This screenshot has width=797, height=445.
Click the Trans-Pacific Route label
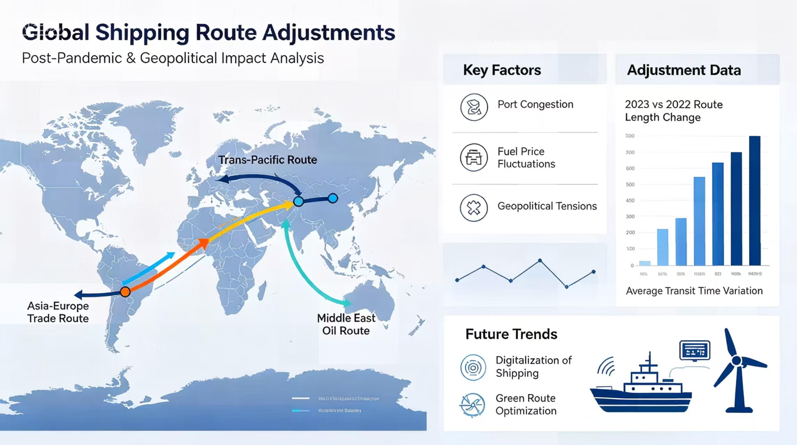coord(268,160)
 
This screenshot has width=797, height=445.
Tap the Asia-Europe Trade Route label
coord(58,312)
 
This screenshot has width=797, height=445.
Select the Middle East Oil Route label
coord(346,324)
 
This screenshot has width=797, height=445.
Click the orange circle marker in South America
coord(125,292)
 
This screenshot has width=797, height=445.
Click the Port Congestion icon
coord(474,107)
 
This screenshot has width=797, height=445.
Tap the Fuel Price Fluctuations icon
coord(473,157)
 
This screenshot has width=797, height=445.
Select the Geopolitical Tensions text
coord(547,206)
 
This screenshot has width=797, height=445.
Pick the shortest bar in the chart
coord(645,263)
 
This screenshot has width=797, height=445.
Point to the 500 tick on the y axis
coord(630,184)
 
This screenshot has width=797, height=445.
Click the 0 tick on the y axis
coord(632,265)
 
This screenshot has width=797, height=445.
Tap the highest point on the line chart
coord(540,260)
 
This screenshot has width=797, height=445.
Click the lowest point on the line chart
coord(567,287)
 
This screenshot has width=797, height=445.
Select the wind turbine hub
coord(736,361)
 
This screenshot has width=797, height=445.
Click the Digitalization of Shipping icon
coord(473,367)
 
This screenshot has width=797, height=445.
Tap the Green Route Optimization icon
coord(472,405)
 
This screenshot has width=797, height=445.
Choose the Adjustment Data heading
coord(684,70)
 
